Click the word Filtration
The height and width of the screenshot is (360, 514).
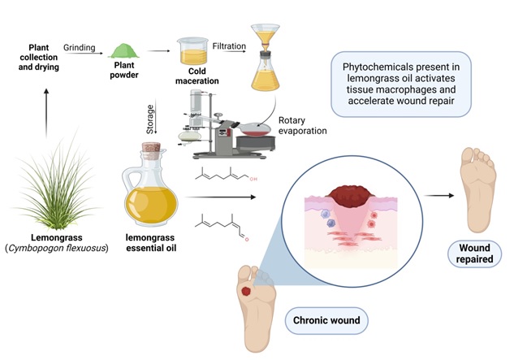tap(229, 46)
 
